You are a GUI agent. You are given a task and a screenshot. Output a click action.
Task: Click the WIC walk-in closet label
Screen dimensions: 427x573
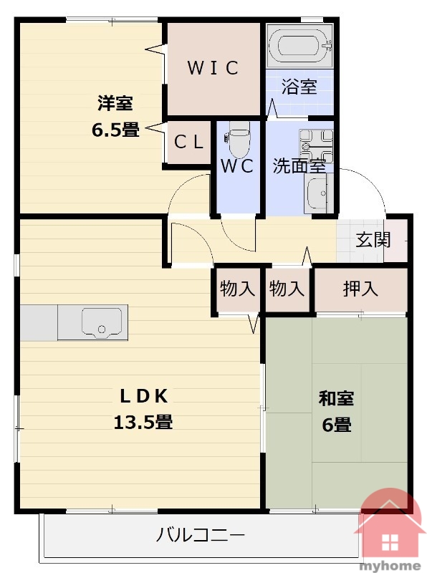213,68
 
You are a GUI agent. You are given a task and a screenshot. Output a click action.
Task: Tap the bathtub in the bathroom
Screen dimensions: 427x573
299,47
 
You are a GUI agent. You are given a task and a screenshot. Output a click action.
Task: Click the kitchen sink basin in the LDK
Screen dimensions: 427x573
102,321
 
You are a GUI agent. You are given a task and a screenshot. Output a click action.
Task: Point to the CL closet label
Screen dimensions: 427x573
188,142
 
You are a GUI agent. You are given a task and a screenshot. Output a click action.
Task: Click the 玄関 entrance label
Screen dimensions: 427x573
373,240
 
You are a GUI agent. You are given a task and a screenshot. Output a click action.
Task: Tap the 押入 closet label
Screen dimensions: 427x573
360,289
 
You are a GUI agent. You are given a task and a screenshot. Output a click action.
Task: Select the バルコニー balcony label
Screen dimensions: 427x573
201,535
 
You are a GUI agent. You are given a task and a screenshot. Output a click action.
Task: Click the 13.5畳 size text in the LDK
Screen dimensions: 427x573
143,422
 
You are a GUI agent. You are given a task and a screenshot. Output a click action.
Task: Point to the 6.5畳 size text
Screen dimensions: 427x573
115,130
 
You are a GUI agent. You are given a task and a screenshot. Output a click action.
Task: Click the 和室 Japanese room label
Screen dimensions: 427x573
336,398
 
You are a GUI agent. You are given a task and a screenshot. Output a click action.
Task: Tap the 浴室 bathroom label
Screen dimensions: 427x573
299,87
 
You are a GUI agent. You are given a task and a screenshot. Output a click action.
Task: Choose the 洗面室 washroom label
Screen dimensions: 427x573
299,166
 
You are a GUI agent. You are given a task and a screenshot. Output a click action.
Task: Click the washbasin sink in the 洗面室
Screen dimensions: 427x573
317,192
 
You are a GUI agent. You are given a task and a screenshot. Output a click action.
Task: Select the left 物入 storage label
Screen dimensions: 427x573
237,289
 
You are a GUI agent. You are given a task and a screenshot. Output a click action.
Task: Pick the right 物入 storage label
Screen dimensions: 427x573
287,289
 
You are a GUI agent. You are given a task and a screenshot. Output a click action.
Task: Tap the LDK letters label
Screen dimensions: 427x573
144,396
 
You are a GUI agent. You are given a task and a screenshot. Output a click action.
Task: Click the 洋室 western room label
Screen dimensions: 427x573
115,103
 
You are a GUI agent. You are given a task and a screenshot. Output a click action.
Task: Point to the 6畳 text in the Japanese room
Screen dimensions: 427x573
336,425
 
